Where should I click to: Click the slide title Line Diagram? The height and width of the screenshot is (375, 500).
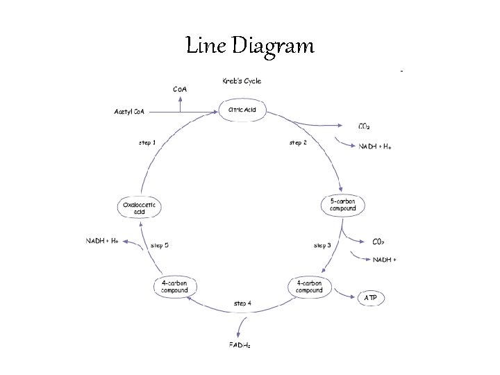click(x=250, y=47)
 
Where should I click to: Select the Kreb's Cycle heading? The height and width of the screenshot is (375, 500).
click(x=242, y=81)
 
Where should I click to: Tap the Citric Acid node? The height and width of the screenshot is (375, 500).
click(x=242, y=110)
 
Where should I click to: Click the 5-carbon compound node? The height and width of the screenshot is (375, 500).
click(x=342, y=206)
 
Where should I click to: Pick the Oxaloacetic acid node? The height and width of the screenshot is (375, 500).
click(x=140, y=208)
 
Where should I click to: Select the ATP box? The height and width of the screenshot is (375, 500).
click(x=372, y=298)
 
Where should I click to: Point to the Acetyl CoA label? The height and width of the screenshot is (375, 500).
click(x=130, y=111)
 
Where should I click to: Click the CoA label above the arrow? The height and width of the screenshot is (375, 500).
click(x=180, y=89)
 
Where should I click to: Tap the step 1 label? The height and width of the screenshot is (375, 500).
click(x=147, y=143)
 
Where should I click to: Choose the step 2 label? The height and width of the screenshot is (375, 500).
click(x=297, y=143)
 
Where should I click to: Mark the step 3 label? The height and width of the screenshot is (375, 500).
click(x=322, y=245)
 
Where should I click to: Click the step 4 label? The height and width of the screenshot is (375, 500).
click(x=243, y=303)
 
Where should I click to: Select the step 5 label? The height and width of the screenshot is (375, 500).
click(x=160, y=245)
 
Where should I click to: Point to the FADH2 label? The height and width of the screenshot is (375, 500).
click(x=240, y=345)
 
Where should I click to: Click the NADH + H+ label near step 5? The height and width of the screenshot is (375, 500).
click(x=102, y=240)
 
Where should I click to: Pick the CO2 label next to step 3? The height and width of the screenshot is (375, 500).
click(x=378, y=242)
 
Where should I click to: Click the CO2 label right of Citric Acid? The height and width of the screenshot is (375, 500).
click(x=364, y=126)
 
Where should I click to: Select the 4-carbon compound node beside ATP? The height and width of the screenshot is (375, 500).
click(x=310, y=287)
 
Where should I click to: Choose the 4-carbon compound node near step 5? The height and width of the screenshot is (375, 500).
click(x=174, y=287)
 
